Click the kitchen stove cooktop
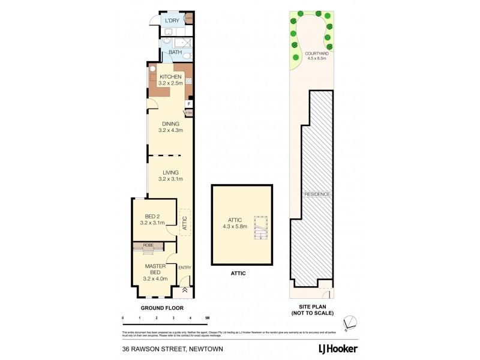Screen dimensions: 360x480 [188, 81]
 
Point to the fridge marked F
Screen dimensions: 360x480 [188, 104]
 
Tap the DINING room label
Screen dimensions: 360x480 [170, 124]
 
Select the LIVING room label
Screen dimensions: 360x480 [170, 173]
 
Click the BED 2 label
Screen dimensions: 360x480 [152, 217]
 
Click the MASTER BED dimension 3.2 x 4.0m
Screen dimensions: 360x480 [153, 278]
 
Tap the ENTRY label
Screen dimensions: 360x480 [184, 267]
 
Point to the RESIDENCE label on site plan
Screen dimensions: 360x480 [317, 194]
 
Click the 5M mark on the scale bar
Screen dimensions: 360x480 [207, 317]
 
